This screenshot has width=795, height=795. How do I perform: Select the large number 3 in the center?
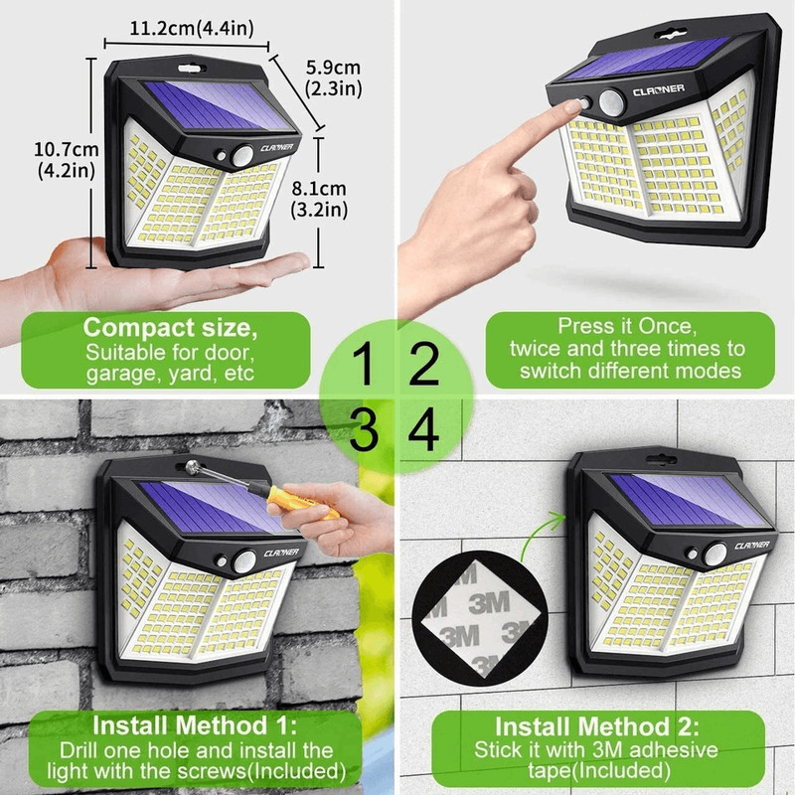pyautogui.click(x=365, y=430)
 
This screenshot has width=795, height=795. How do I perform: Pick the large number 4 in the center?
pyautogui.click(x=424, y=430)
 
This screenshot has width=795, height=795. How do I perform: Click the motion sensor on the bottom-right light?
pyautogui.click(x=715, y=554)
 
